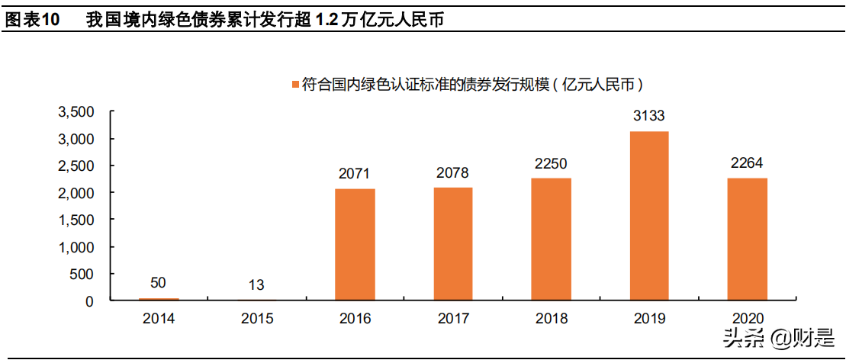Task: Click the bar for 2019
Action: pyautogui.click(x=648, y=216)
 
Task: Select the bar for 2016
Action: pyautogui.click(x=355, y=245)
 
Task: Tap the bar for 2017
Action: pyautogui.click(x=453, y=244)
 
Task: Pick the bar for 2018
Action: pyautogui.click(x=551, y=239)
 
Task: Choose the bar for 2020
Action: pyautogui.click(x=747, y=239)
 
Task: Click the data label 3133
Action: pyautogui.click(x=649, y=117)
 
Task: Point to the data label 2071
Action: pyautogui.click(x=355, y=174)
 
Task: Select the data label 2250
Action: pyautogui.click(x=551, y=164)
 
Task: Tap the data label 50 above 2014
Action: pyautogui.click(x=158, y=283)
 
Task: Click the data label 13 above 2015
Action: pyautogui.click(x=256, y=285)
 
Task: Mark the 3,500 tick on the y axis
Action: pyautogui.click(x=76, y=112)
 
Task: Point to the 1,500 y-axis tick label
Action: pyautogui.click(x=76, y=220)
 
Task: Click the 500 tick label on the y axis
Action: pyautogui.click(x=82, y=275)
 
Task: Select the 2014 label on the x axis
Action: pyautogui.click(x=158, y=319)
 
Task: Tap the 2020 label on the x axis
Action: pyautogui.click(x=747, y=319)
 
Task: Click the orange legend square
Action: pyautogui.click(x=294, y=84)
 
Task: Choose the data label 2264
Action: pyautogui.click(x=747, y=163)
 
